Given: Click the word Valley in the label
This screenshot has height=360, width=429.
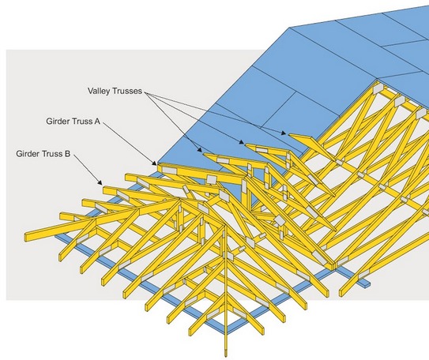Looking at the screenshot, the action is click(x=100, y=91).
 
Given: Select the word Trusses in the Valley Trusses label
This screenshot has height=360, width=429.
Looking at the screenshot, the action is click(x=127, y=91).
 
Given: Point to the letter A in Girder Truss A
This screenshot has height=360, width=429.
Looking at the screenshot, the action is click(x=97, y=121).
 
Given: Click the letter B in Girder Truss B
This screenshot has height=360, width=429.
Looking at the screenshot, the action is click(x=67, y=154).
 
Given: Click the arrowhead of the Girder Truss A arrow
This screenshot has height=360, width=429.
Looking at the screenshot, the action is click(x=155, y=163).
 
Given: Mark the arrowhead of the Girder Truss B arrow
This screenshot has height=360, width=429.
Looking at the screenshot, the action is click(x=100, y=182).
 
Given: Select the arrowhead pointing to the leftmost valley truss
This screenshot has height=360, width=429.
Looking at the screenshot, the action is click(x=200, y=149).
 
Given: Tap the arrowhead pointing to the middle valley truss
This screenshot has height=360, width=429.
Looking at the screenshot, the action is click(x=241, y=141).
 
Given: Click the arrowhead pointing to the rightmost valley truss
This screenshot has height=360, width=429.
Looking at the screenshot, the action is click(x=284, y=133).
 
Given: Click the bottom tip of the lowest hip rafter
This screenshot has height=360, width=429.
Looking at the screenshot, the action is click(x=226, y=355).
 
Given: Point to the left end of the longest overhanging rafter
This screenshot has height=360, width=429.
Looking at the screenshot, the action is click(x=25, y=238).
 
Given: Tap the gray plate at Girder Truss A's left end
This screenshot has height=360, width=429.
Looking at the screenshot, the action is click(x=169, y=171).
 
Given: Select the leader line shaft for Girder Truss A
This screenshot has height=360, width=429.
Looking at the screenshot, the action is click(x=127, y=142).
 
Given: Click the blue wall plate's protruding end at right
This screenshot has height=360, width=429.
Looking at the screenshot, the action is click(x=367, y=283).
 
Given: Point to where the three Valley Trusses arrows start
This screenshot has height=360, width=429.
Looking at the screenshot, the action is click(x=145, y=93).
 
